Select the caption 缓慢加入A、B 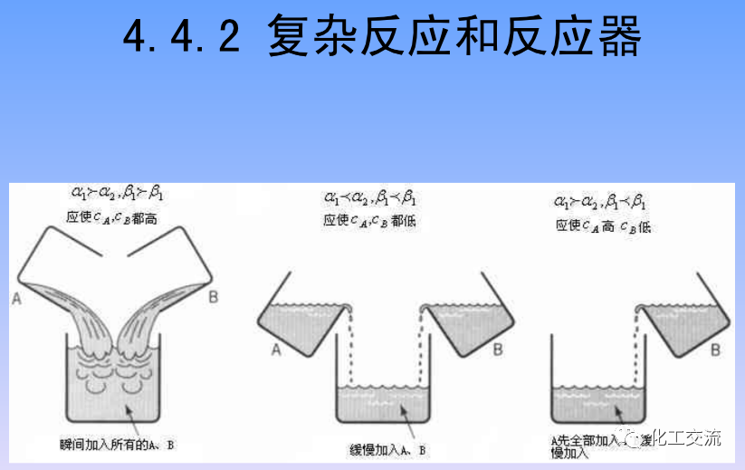387,449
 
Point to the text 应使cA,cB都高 115,216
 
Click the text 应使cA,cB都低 372,220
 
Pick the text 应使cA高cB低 603,225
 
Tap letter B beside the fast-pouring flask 213,297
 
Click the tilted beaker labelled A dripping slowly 303,321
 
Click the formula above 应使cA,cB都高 117,193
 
